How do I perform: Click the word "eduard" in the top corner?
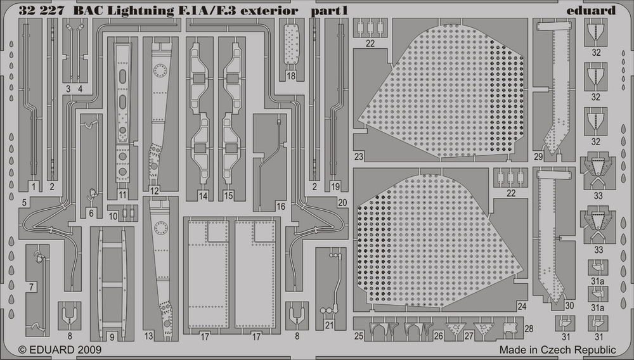(x=591, y=10)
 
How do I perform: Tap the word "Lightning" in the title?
(x=141, y=11)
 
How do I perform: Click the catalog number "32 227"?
(x=41, y=11)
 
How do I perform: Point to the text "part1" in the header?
(x=329, y=11)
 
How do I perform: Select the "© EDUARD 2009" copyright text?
(x=60, y=349)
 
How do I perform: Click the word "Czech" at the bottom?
(x=557, y=349)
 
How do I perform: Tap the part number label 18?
(x=291, y=75)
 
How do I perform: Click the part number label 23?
(x=359, y=157)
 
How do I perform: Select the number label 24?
(x=522, y=307)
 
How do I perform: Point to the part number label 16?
(x=281, y=207)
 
